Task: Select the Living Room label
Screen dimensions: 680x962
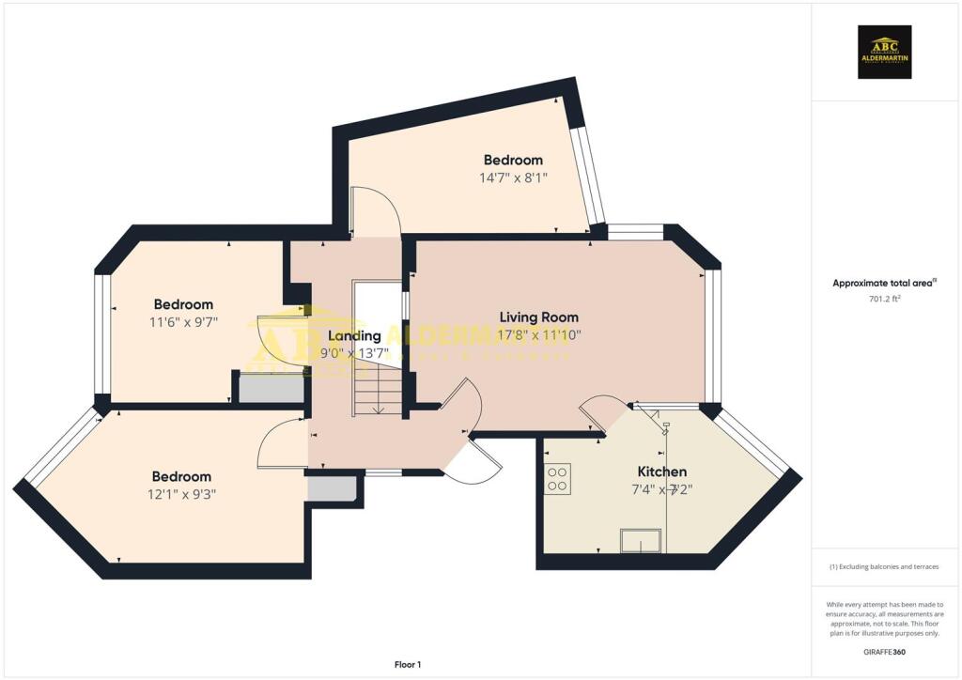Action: coord(538,317)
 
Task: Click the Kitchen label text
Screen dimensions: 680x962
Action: coord(662,471)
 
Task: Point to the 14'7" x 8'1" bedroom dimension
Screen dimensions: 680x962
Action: coord(514,177)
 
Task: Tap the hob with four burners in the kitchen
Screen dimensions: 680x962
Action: coord(558,480)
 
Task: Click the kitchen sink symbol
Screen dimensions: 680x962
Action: coord(640,541)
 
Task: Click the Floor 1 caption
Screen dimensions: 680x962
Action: coord(408,665)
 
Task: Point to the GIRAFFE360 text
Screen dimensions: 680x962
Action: coord(885,652)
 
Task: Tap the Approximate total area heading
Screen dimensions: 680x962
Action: coord(885,283)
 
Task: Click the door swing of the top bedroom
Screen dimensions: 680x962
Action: coord(376,211)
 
